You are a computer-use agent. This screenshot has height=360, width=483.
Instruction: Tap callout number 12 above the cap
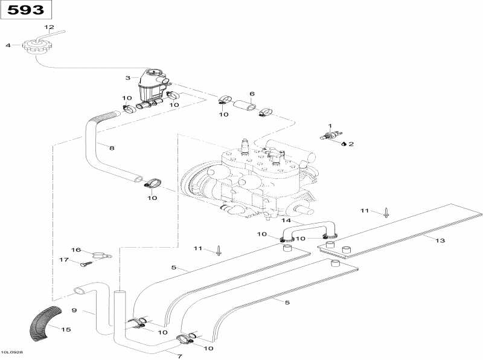[50, 28]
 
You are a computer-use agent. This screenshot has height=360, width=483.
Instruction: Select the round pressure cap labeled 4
[34, 45]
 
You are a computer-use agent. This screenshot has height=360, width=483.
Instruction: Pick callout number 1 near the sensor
[330, 126]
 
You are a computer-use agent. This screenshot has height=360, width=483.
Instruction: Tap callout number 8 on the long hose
[110, 147]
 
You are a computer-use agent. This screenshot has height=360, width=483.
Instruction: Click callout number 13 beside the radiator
[440, 241]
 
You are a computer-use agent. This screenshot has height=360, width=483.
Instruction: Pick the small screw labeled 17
[85, 263]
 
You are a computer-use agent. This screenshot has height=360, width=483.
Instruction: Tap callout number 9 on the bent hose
[74, 311]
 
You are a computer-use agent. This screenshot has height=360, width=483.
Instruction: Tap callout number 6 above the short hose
[252, 94]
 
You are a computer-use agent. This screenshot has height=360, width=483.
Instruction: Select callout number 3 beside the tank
[127, 78]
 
